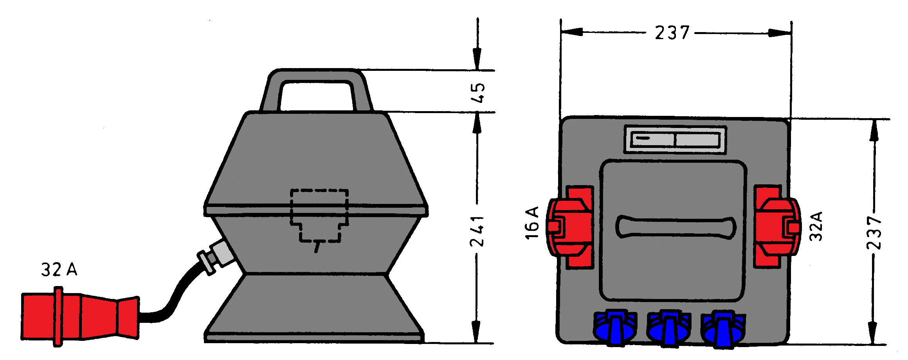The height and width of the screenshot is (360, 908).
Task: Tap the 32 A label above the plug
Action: [x=59, y=270]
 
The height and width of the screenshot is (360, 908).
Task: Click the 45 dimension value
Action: [x=478, y=93]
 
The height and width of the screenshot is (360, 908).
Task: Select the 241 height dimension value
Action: [x=477, y=231]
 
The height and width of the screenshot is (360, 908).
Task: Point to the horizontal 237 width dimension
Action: [x=672, y=32]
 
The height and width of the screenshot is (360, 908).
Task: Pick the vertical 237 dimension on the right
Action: [x=874, y=233]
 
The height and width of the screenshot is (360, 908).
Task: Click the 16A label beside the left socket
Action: [x=532, y=223]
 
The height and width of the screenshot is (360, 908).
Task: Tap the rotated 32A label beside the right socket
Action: [x=816, y=226]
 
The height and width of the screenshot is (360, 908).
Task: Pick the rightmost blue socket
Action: [x=722, y=329]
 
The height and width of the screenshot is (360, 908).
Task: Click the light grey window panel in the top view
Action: [x=676, y=140]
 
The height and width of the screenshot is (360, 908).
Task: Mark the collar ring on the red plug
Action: [x=58, y=317]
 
